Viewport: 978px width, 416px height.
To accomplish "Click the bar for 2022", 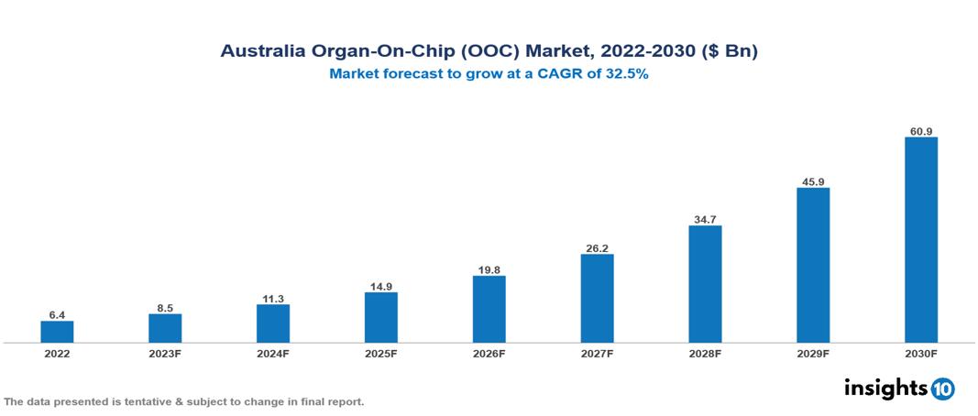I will (57, 332).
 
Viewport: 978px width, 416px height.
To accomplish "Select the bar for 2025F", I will (380, 317).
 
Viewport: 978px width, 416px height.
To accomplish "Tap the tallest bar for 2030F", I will (920, 240).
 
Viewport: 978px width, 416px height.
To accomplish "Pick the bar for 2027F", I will (597, 299).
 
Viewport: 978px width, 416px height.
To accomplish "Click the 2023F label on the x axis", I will (165, 354).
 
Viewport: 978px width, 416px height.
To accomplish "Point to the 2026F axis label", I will (489, 354).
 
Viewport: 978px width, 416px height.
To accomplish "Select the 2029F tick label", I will (813, 354).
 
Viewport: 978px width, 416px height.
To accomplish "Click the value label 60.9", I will (920, 131).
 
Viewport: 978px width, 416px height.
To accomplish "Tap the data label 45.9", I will (813, 181).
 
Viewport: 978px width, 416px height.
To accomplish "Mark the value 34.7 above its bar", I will (705, 219).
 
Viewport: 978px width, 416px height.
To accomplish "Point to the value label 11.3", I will (273, 298).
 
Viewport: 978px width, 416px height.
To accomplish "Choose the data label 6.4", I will (57, 314).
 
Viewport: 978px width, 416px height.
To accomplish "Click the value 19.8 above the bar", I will (489, 269).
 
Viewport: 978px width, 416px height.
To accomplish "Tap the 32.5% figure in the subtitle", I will (626, 76).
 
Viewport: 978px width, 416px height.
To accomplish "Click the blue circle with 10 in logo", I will (942, 389).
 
